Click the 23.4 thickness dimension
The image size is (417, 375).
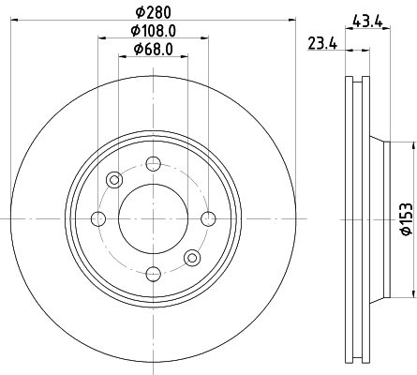[322, 41]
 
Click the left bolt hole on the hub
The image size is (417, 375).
[98, 218]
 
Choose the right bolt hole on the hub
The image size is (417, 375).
[205, 218]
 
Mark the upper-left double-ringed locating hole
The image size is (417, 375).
[114, 180]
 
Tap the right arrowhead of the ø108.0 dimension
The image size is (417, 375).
[202, 38]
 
